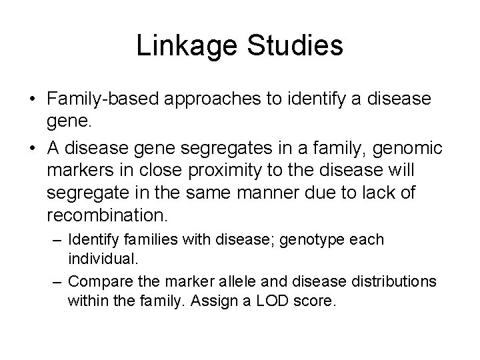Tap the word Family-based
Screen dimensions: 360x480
point(103,99)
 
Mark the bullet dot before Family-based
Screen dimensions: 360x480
point(33,99)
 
